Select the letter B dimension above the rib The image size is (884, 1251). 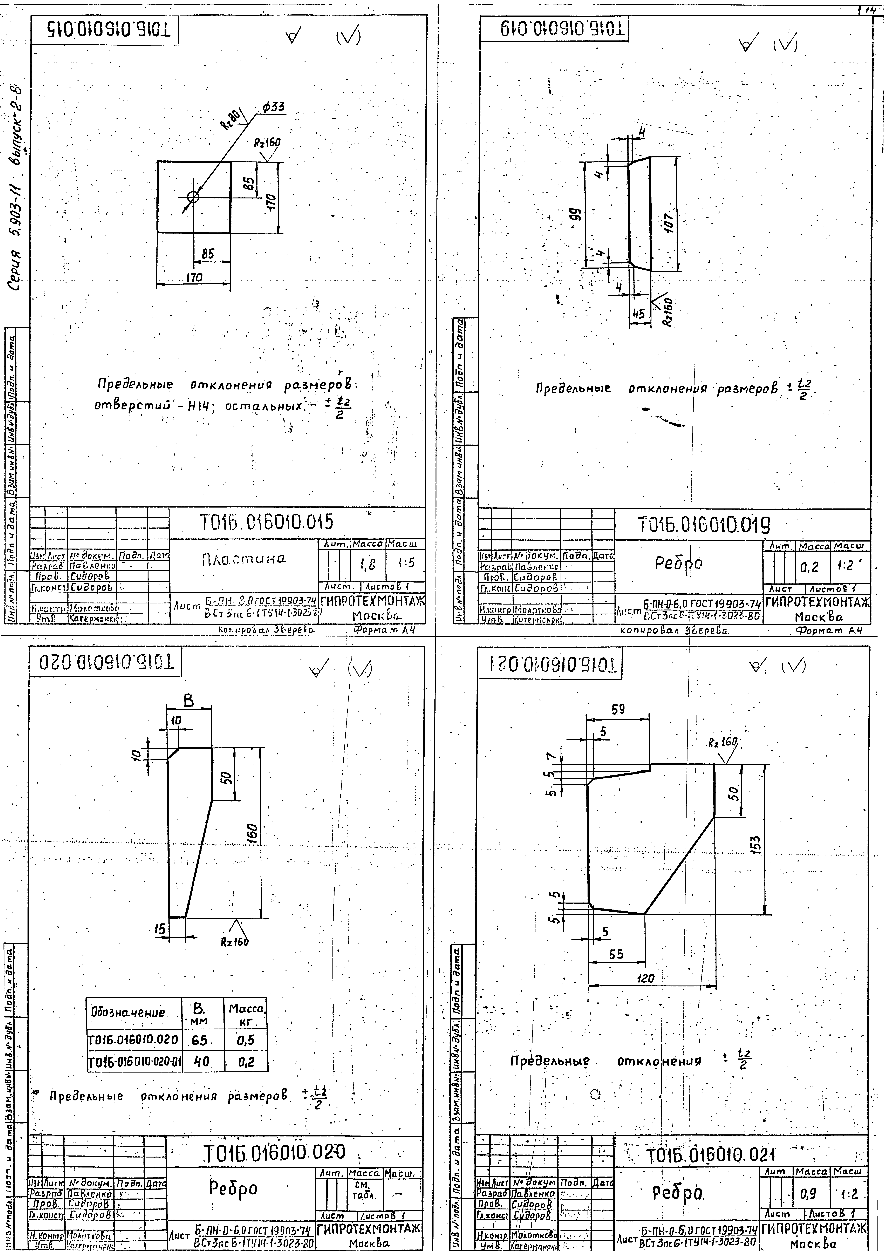point(188,701)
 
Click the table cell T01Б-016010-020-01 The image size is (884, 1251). point(134,1062)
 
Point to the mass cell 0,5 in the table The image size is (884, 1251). point(246,1040)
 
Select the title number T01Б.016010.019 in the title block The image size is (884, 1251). point(704,526)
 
